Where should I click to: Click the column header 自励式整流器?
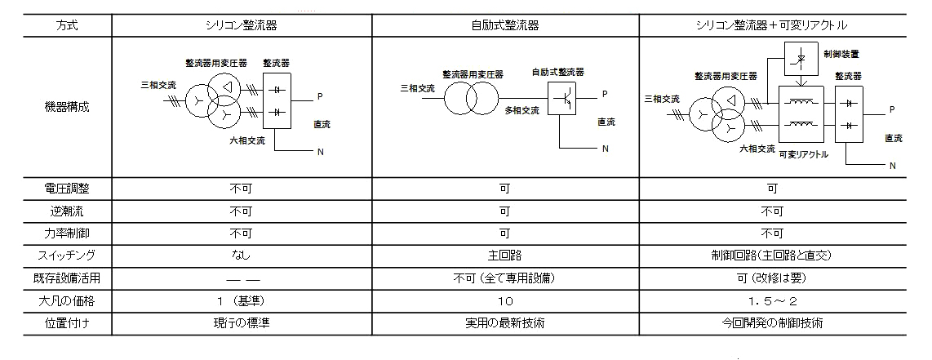[504, 25]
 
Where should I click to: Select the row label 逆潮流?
[67, 211]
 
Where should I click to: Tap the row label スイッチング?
[67, 256]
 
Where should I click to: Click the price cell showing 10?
[504, 301]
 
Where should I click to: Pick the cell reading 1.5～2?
[772, 301]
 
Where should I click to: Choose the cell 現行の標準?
[241, 323]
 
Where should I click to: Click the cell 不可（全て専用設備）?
[504, 278]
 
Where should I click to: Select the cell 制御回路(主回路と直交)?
[772, 256]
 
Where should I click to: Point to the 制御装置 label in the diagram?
[841, 54]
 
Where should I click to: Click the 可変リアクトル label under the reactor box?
[804, 154]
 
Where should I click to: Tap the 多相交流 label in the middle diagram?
[521, 110]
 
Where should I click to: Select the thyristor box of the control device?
[801, 59]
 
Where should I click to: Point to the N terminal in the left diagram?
[321, 152]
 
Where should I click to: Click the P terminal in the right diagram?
[891, 110]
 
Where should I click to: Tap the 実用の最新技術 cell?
[504, 323]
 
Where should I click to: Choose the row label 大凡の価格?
[67, 301]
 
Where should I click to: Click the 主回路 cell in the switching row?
[504, 256]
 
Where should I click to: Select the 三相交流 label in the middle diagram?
[418, 88]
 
